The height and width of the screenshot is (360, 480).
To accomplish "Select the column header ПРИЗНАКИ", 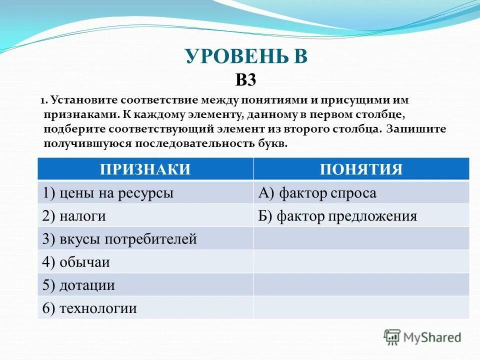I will (x=145, y=169).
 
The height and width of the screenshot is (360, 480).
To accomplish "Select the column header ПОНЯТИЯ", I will (x=361, y=169).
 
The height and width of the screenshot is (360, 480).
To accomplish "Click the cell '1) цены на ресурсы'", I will (x=108, y=193).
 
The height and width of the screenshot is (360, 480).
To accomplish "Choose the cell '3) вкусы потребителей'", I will (x=119, y=239).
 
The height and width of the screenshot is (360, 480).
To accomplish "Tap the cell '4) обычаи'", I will (x=76, y=262).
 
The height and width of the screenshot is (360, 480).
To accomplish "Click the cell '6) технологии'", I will (x=89, y=308).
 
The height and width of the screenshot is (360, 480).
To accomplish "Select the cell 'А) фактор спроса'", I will (x=317, y=193).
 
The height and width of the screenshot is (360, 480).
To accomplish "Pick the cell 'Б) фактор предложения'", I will (x=337, y=216).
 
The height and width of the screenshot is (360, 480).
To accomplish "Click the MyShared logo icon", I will (x=392, y=337).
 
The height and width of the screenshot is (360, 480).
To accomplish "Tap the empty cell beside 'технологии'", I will (x=361, y=308).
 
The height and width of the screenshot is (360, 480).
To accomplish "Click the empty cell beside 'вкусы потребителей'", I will (x=361, y=239).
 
